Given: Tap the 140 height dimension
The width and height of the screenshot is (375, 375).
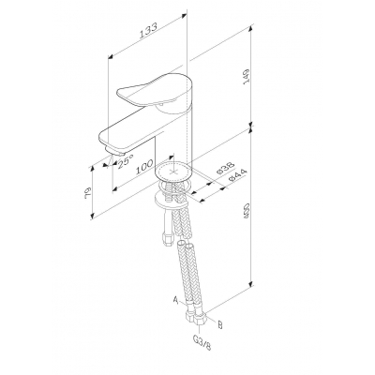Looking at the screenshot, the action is tap(247, 75).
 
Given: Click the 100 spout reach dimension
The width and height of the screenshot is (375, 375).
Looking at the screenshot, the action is tap(144, 167).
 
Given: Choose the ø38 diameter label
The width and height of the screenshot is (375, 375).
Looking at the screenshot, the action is tap(226, 169).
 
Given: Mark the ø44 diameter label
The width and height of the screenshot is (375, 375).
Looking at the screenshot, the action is tap(238, 175).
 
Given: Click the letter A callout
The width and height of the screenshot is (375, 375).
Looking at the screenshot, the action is tap(176, 301).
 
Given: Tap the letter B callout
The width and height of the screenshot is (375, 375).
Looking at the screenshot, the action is tap(219, 325).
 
